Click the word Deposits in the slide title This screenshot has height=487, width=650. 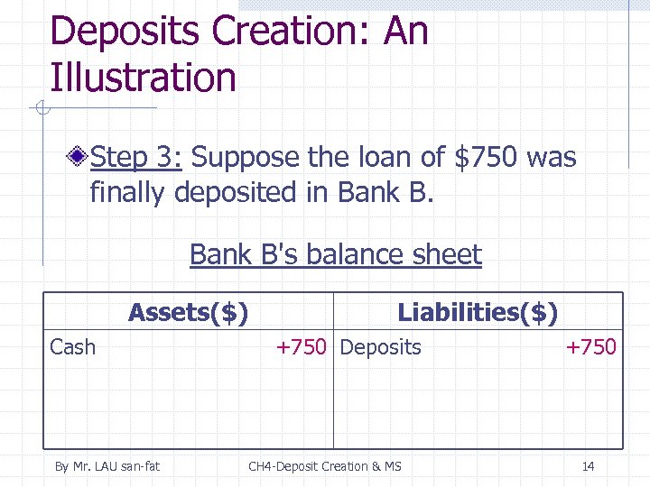pyautogui.click(x=124, y=32)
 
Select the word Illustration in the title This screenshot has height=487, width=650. pyautogui.click(x=143, y=78)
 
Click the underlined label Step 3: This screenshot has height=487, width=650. pyautogui.click(x=137, y=159)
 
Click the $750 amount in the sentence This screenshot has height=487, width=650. pyautogui.click(x=486, y=159)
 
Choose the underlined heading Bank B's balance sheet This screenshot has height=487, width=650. pyautogui.click(x=336, y=255)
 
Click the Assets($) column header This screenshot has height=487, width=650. pyautogui.click(x=189, y=313)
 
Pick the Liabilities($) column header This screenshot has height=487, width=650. pyautogui.click(x=478, y=313)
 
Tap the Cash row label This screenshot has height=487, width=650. pyautogui.click(x=72, y=347)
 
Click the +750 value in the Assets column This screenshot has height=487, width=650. pyautogui.click(x=302, y=347)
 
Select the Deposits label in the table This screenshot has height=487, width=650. pyautogui.click(x=381, y=347)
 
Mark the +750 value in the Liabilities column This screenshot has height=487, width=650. pyautogui.click(x=590, y=347)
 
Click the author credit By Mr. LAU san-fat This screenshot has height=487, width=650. pyautogui.click(x=107, y=466)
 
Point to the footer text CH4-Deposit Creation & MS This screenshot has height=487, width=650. pyautogui.click(x=325, y=466)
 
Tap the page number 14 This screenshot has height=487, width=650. pyautogui.click(x=588, y=466)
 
